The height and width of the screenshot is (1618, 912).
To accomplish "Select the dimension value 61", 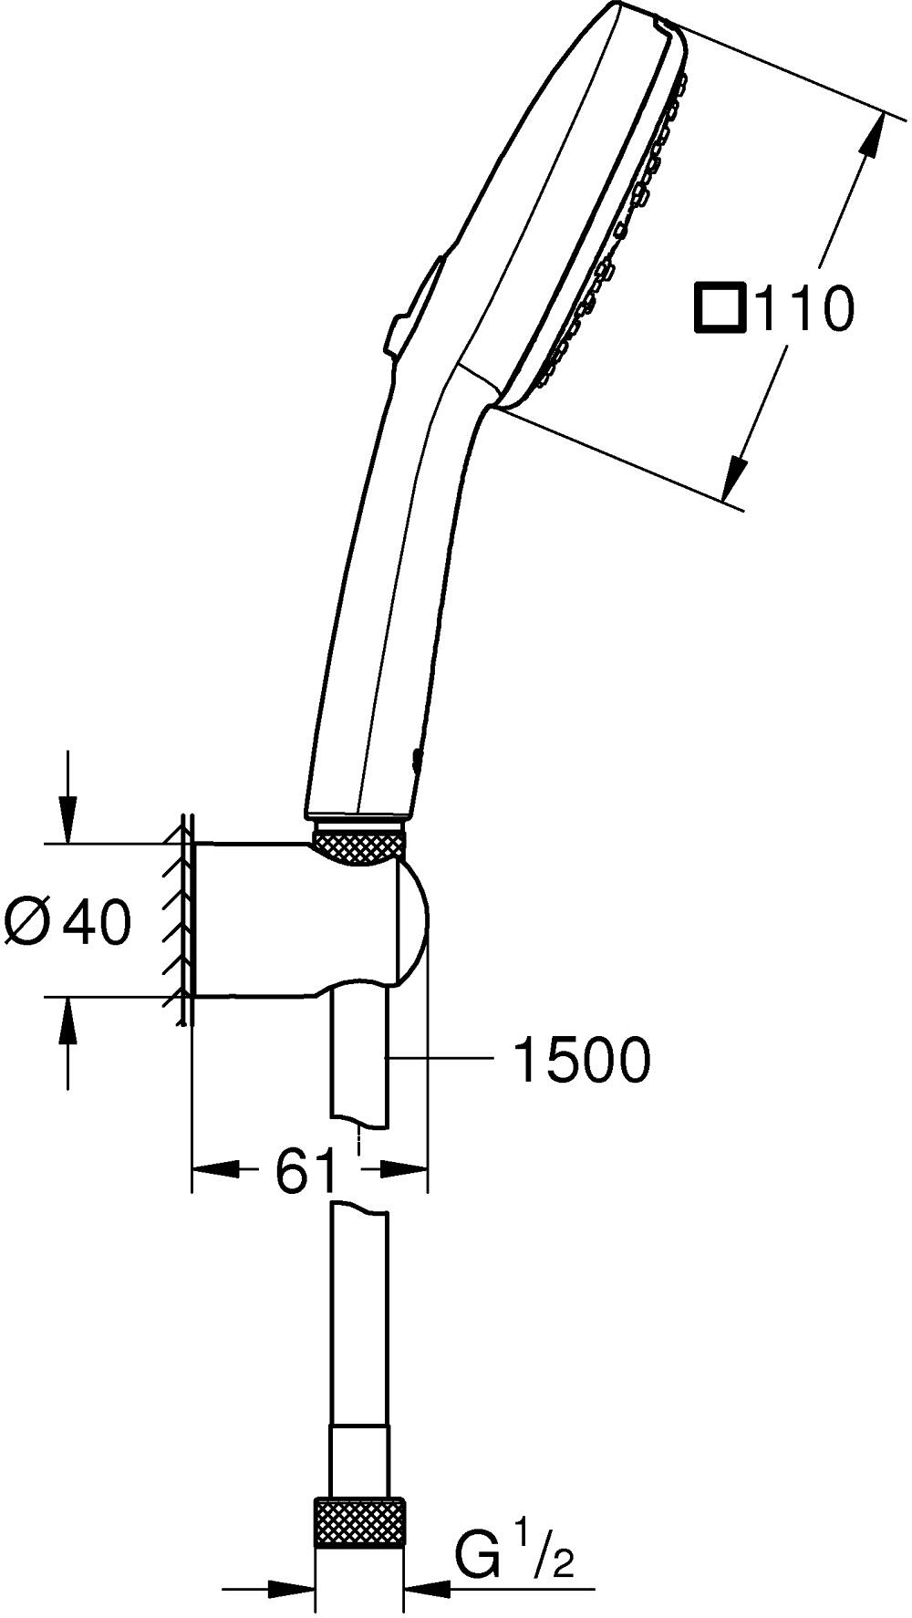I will (x=306, y=1170).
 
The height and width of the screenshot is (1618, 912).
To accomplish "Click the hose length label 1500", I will (x=582, y=1059).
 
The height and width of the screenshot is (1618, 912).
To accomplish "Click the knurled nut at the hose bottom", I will (x=359, y=1521).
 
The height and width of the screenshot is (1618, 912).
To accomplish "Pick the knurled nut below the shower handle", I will (x=358, y=844).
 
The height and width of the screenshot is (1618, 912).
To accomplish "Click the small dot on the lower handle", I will (x=418, y=756).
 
